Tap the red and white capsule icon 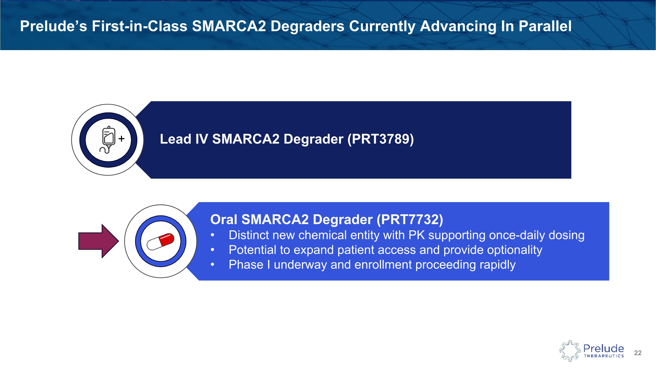(161, 241)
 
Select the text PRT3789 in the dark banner (380, 139)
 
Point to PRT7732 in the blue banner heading (410, 220)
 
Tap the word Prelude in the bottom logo (603, 348)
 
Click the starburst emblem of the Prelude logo (570, 351)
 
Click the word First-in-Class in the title (139, 26)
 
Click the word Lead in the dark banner (175, 139)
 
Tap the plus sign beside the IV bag (122, 138)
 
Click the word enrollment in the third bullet (383, 265)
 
